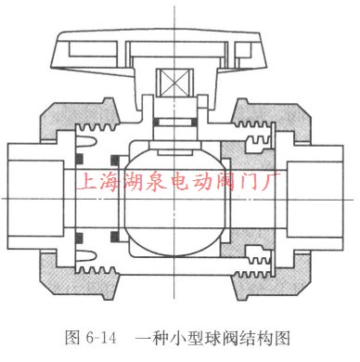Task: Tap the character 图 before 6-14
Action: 79,341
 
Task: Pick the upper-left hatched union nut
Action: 69,122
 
